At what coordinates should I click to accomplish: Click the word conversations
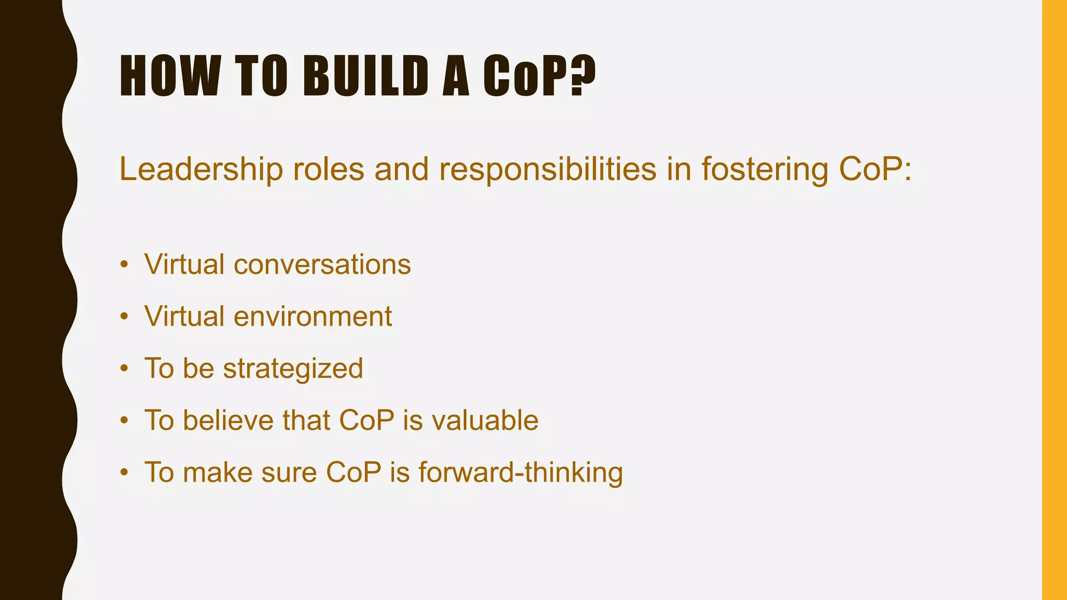click(x=322, y=264)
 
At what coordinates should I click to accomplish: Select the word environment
click(x=313, y=316)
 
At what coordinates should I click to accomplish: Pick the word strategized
click(x=293, y=368)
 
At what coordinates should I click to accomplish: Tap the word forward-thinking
click(x=520, y=472)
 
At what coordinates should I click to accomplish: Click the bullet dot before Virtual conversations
click(x=124, y=264)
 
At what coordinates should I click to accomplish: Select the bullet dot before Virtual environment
click(x=124, y=316)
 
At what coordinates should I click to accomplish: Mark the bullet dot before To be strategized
click(x=124, y=368)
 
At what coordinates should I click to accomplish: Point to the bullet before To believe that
click(x=124, y=420)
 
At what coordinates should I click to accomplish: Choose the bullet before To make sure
click(x=124, y=472)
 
